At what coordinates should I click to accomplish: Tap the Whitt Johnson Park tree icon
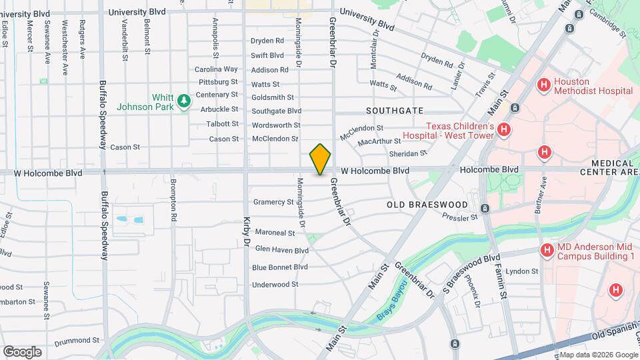tap(183, 101)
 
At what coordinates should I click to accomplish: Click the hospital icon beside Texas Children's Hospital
tap(504, 130)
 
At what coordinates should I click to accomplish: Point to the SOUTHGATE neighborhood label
tap(395, 110)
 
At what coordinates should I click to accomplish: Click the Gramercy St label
tap(273, 202)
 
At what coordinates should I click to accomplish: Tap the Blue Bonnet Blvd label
tap(280, 267)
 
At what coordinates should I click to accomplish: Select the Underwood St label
tap(275, 285)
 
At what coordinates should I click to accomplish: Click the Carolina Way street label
tap(216, 69)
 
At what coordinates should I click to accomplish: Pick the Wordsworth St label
tap(275, 125)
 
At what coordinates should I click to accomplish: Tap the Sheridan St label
tap(407, 153)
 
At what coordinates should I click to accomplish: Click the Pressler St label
tap(460, 217)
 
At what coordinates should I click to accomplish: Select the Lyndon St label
tap(521, 271)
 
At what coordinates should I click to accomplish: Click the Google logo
tap(22, 351)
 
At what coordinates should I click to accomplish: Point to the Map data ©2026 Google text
tap(598, 354)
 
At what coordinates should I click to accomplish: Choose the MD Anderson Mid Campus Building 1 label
tap(595, 251)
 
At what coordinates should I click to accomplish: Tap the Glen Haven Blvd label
tap(281, 251)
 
